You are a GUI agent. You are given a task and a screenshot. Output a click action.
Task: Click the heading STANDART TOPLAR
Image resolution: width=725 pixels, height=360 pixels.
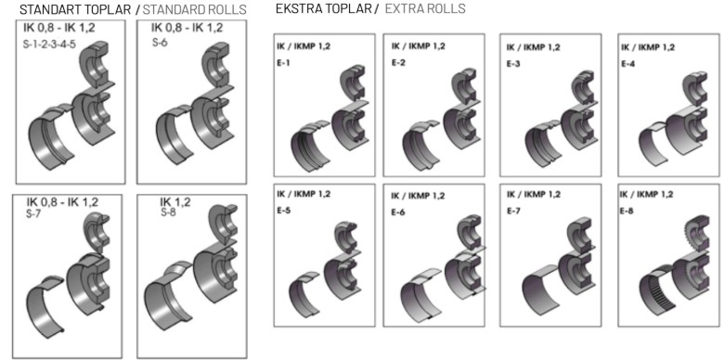coord(76,9)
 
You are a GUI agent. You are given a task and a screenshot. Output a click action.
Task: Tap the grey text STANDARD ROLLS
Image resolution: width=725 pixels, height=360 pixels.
coord(195,9)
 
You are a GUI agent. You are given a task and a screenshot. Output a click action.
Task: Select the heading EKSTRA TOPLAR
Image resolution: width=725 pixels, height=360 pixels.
coord(323,8)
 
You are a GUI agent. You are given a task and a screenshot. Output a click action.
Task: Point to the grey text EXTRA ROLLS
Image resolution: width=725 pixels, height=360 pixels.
coord(425,8)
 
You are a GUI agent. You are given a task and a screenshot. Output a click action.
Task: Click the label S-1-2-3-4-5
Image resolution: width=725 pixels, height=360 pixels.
coord(49,45)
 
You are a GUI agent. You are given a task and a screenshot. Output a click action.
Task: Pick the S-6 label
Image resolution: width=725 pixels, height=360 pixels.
coord(161,42)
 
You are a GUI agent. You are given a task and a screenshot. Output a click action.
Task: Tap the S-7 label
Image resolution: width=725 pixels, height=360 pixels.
coord(34,214)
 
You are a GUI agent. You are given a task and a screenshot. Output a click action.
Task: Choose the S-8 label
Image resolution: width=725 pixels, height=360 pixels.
coord(169,212)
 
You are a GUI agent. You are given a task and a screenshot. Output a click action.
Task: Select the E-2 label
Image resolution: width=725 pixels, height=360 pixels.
coord(398,63)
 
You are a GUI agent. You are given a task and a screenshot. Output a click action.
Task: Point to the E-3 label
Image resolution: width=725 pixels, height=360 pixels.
coord(513,64)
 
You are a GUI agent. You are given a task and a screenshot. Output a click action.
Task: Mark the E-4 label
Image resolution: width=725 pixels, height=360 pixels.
coord(628,64)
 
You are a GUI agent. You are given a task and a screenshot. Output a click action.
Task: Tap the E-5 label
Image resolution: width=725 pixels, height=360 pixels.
coord(284,211)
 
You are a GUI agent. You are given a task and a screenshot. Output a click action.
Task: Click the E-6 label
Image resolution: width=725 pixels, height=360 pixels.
coord(398,212)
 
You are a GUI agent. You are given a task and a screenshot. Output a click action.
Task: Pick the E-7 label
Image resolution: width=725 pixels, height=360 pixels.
coord(513,212)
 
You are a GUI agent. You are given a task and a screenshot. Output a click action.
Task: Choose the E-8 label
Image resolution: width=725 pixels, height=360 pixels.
coord(628,212)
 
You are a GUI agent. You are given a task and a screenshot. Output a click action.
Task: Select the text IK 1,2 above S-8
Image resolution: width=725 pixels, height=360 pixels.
coord(175,202)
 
